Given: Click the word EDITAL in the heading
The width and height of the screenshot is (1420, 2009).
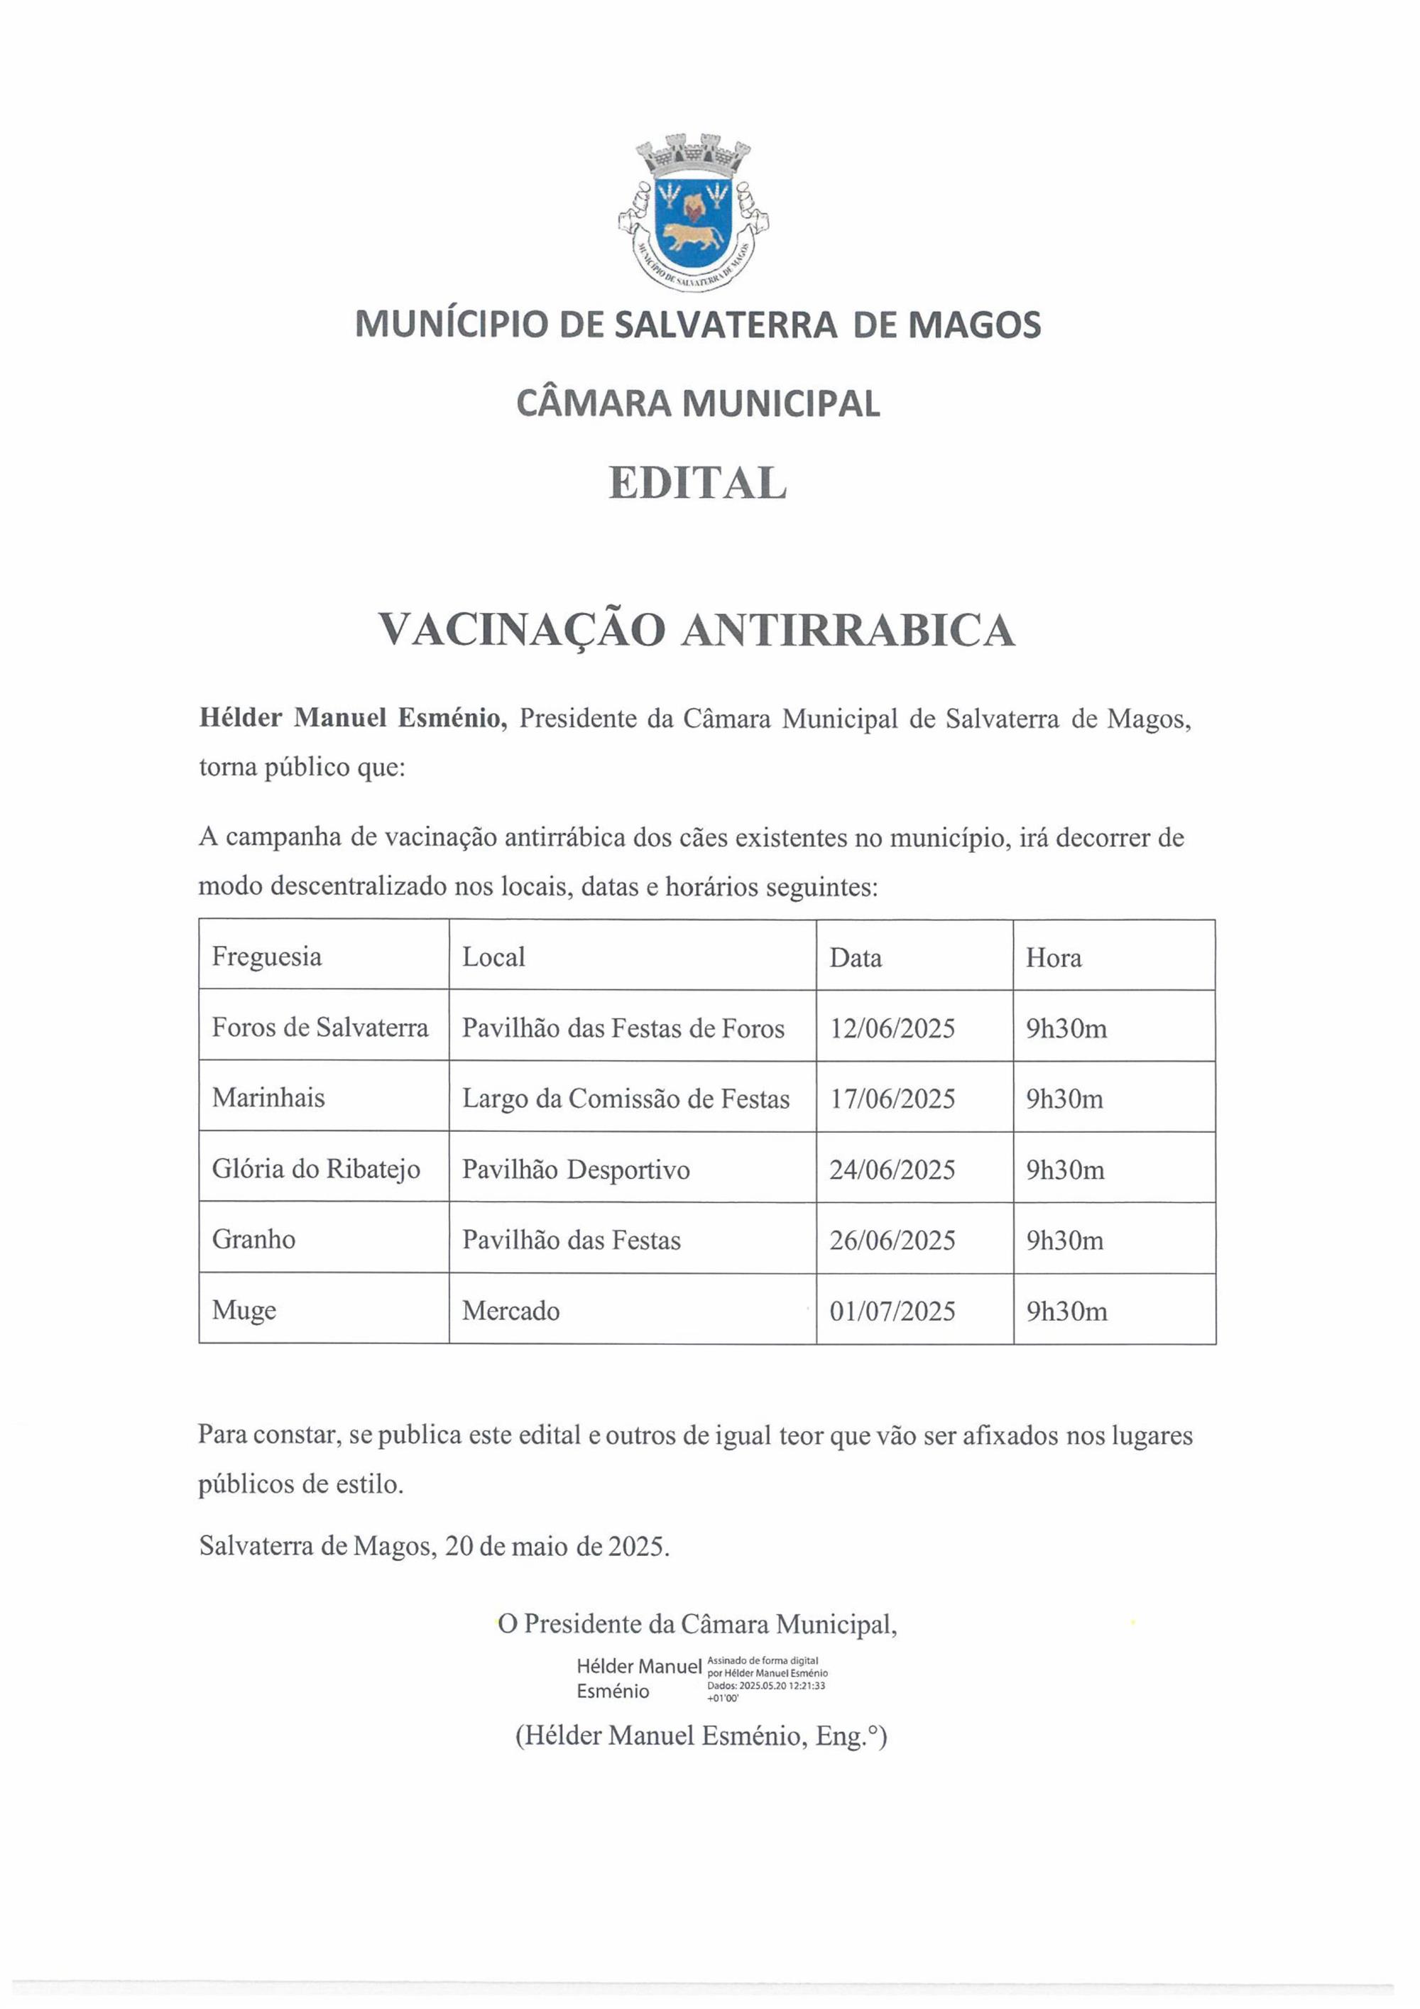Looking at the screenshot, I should click(697, 483).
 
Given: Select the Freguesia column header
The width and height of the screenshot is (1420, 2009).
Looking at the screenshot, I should click(267, 957).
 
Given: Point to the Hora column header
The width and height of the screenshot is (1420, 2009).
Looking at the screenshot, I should click(1054, 958).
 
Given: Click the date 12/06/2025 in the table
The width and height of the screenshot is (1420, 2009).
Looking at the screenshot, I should click(892, 1028).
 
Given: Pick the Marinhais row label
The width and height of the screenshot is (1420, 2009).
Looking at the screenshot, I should click(268, 1098).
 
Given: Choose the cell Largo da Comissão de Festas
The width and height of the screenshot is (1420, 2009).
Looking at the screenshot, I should click(626, 1099).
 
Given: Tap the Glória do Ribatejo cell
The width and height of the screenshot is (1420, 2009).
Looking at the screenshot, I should click(316, 1170).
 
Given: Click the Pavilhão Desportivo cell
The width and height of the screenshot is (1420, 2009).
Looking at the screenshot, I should click(576, 1170).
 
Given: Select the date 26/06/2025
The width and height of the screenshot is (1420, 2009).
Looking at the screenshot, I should click(892, 1241).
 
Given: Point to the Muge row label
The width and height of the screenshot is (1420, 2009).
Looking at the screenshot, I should click(244, 1311).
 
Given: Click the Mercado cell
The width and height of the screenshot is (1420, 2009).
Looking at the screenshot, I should click(511, 1311).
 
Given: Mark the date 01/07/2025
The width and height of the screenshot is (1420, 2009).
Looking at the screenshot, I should click(892, 1312).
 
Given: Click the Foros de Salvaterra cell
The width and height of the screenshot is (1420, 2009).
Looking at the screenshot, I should click(320, 1028).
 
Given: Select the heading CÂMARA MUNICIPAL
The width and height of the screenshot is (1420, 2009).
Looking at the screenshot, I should click(697, 403).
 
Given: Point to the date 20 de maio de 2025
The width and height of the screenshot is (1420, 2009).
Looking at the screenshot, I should click(557, 1546).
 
